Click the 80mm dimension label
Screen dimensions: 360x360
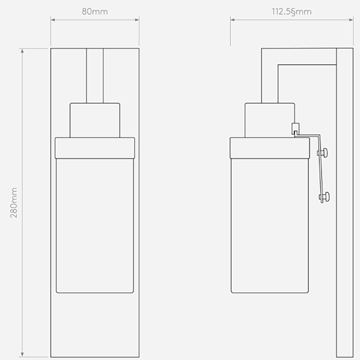click(95, 12)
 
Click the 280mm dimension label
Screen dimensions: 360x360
click(14, 203)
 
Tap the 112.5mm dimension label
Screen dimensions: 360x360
click(291, 12)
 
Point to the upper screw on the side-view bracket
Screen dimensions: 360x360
click(323, 153)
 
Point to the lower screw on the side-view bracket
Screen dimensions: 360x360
click(325, 196)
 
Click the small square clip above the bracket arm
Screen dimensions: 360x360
click(295, 128)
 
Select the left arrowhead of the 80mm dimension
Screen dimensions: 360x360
click(52, 20)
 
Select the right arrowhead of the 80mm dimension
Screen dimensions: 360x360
click(137, 20)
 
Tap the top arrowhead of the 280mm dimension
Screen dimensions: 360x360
click(22, 51)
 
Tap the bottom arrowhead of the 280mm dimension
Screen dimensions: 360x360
click(22, 355)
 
